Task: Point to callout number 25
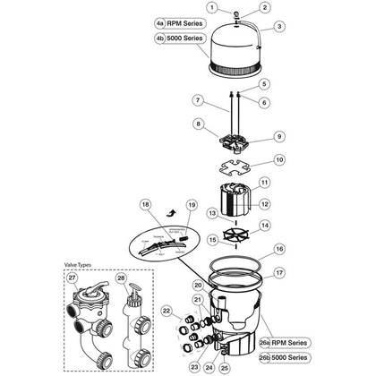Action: [x=225, y=367]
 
